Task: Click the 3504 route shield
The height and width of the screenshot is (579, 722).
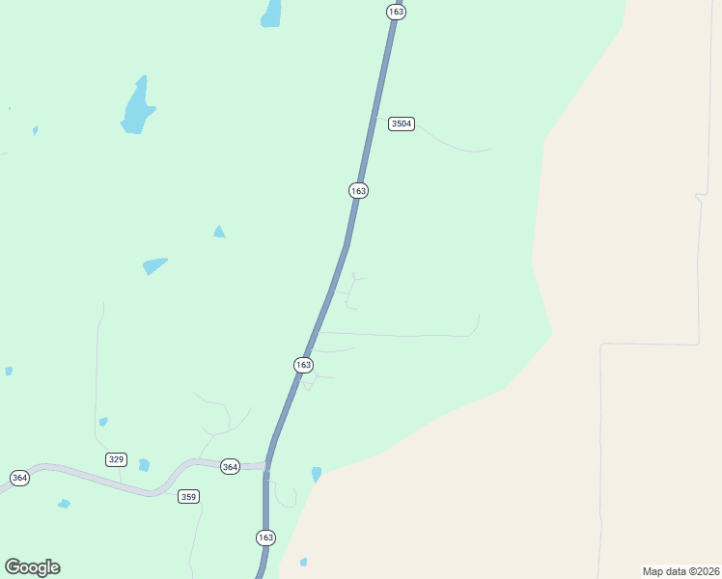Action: point(402,124)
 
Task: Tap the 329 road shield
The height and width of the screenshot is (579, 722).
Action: point(116,459)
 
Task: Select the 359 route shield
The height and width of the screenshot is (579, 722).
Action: point(188,496)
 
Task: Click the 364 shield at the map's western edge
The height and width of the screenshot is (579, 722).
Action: point(19,478)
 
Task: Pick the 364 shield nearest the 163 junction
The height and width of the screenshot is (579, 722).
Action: point(230,466)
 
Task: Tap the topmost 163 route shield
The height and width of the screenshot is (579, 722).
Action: point(395,12)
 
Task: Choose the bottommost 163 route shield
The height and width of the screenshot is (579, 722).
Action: point(266,537)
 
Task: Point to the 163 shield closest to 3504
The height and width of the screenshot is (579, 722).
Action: point(358,190)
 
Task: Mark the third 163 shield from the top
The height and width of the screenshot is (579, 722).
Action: point(303,364)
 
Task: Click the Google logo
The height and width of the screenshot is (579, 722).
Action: point(32,567)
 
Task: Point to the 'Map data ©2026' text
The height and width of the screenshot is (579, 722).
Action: point(680,570)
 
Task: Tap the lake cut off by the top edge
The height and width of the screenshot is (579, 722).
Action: point(271,14)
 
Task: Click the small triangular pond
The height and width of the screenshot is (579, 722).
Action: point(219,232)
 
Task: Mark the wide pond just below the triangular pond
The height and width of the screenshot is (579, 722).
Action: point(153,264)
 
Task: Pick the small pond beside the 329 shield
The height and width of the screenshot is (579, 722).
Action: point(144,465)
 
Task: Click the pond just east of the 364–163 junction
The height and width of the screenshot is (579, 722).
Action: point(316,474)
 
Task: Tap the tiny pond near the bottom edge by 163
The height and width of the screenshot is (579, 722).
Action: point(303,562)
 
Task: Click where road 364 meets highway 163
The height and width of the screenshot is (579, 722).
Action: point(266,466)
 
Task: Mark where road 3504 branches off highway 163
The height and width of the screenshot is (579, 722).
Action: point(373,121)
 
